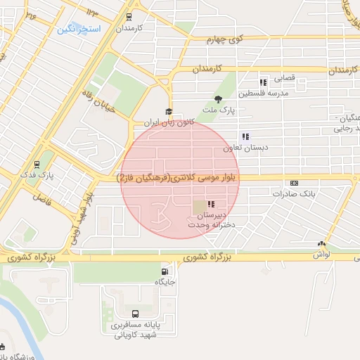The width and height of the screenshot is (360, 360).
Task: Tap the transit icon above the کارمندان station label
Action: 129,17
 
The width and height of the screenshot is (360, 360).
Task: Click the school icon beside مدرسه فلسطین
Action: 263,82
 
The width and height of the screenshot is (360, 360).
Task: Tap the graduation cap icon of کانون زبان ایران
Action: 168,111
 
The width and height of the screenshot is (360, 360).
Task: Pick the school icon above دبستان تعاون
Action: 245,136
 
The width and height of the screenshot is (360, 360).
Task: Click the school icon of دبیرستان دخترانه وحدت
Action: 211,204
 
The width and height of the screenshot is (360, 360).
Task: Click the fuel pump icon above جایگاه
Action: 165,271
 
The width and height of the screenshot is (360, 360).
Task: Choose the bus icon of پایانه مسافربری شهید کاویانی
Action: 134,314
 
